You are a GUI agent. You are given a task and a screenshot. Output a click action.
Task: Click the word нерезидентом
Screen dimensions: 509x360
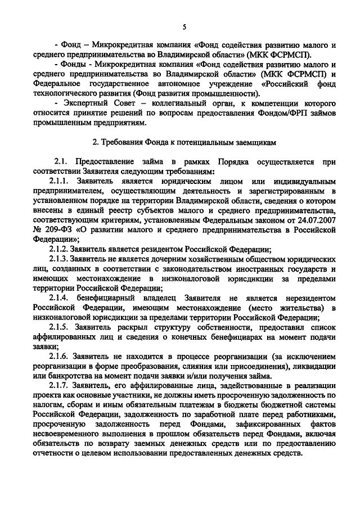[307, 297]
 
